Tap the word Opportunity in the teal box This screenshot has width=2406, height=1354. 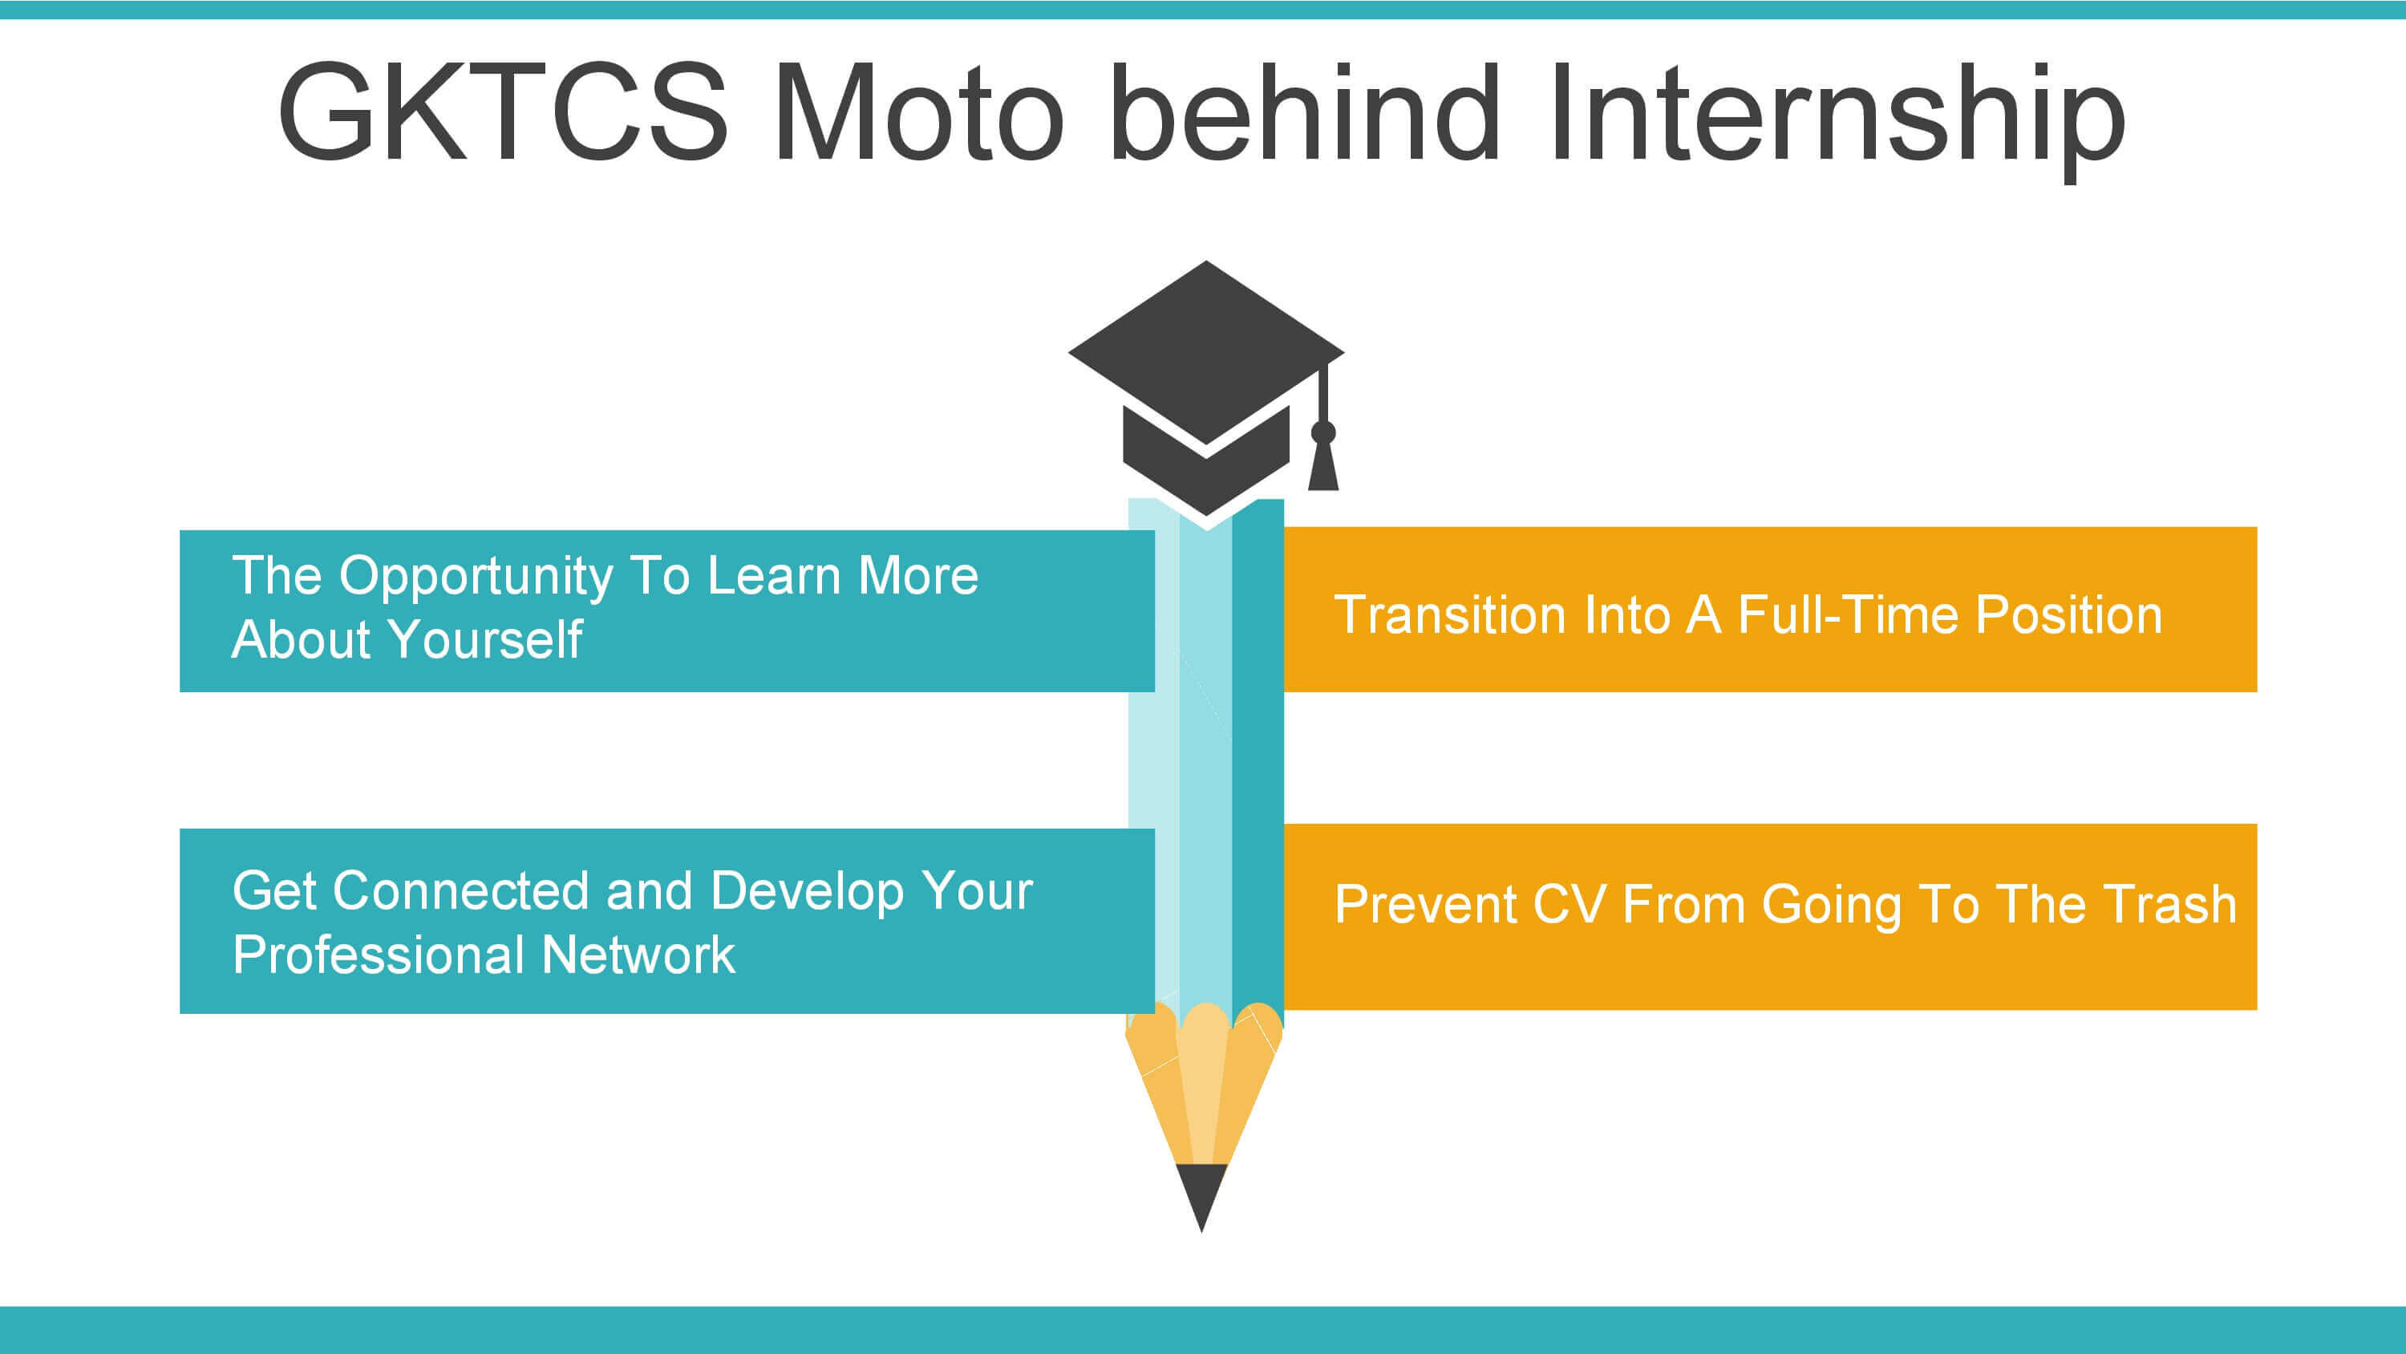pyautogui.click(x=476, y=578)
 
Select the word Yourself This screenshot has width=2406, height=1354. pyautogui.click(x=486, y=640)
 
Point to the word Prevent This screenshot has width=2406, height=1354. pyautogui.click(x=1425, y=905)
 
